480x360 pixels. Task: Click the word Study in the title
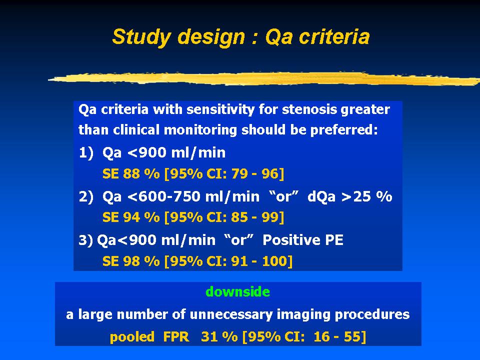coord(141,37)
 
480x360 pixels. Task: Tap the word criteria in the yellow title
coord(334,36)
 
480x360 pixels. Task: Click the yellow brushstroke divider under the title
coord(264,78)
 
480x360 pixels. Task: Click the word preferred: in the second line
coord(344,130)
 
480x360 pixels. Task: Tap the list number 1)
coord(86,152)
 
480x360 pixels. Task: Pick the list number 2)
coord(86,196)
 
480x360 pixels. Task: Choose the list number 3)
coord(85,240)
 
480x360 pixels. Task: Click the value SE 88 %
coord(131,174)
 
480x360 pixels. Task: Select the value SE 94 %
coord(131,217)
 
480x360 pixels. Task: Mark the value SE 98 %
coord(131,261)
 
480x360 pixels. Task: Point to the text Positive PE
coord(303,240)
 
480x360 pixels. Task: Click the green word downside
coord(238,291)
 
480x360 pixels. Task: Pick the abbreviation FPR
coord(176,336)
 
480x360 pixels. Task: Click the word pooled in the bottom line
coord(132,337)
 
